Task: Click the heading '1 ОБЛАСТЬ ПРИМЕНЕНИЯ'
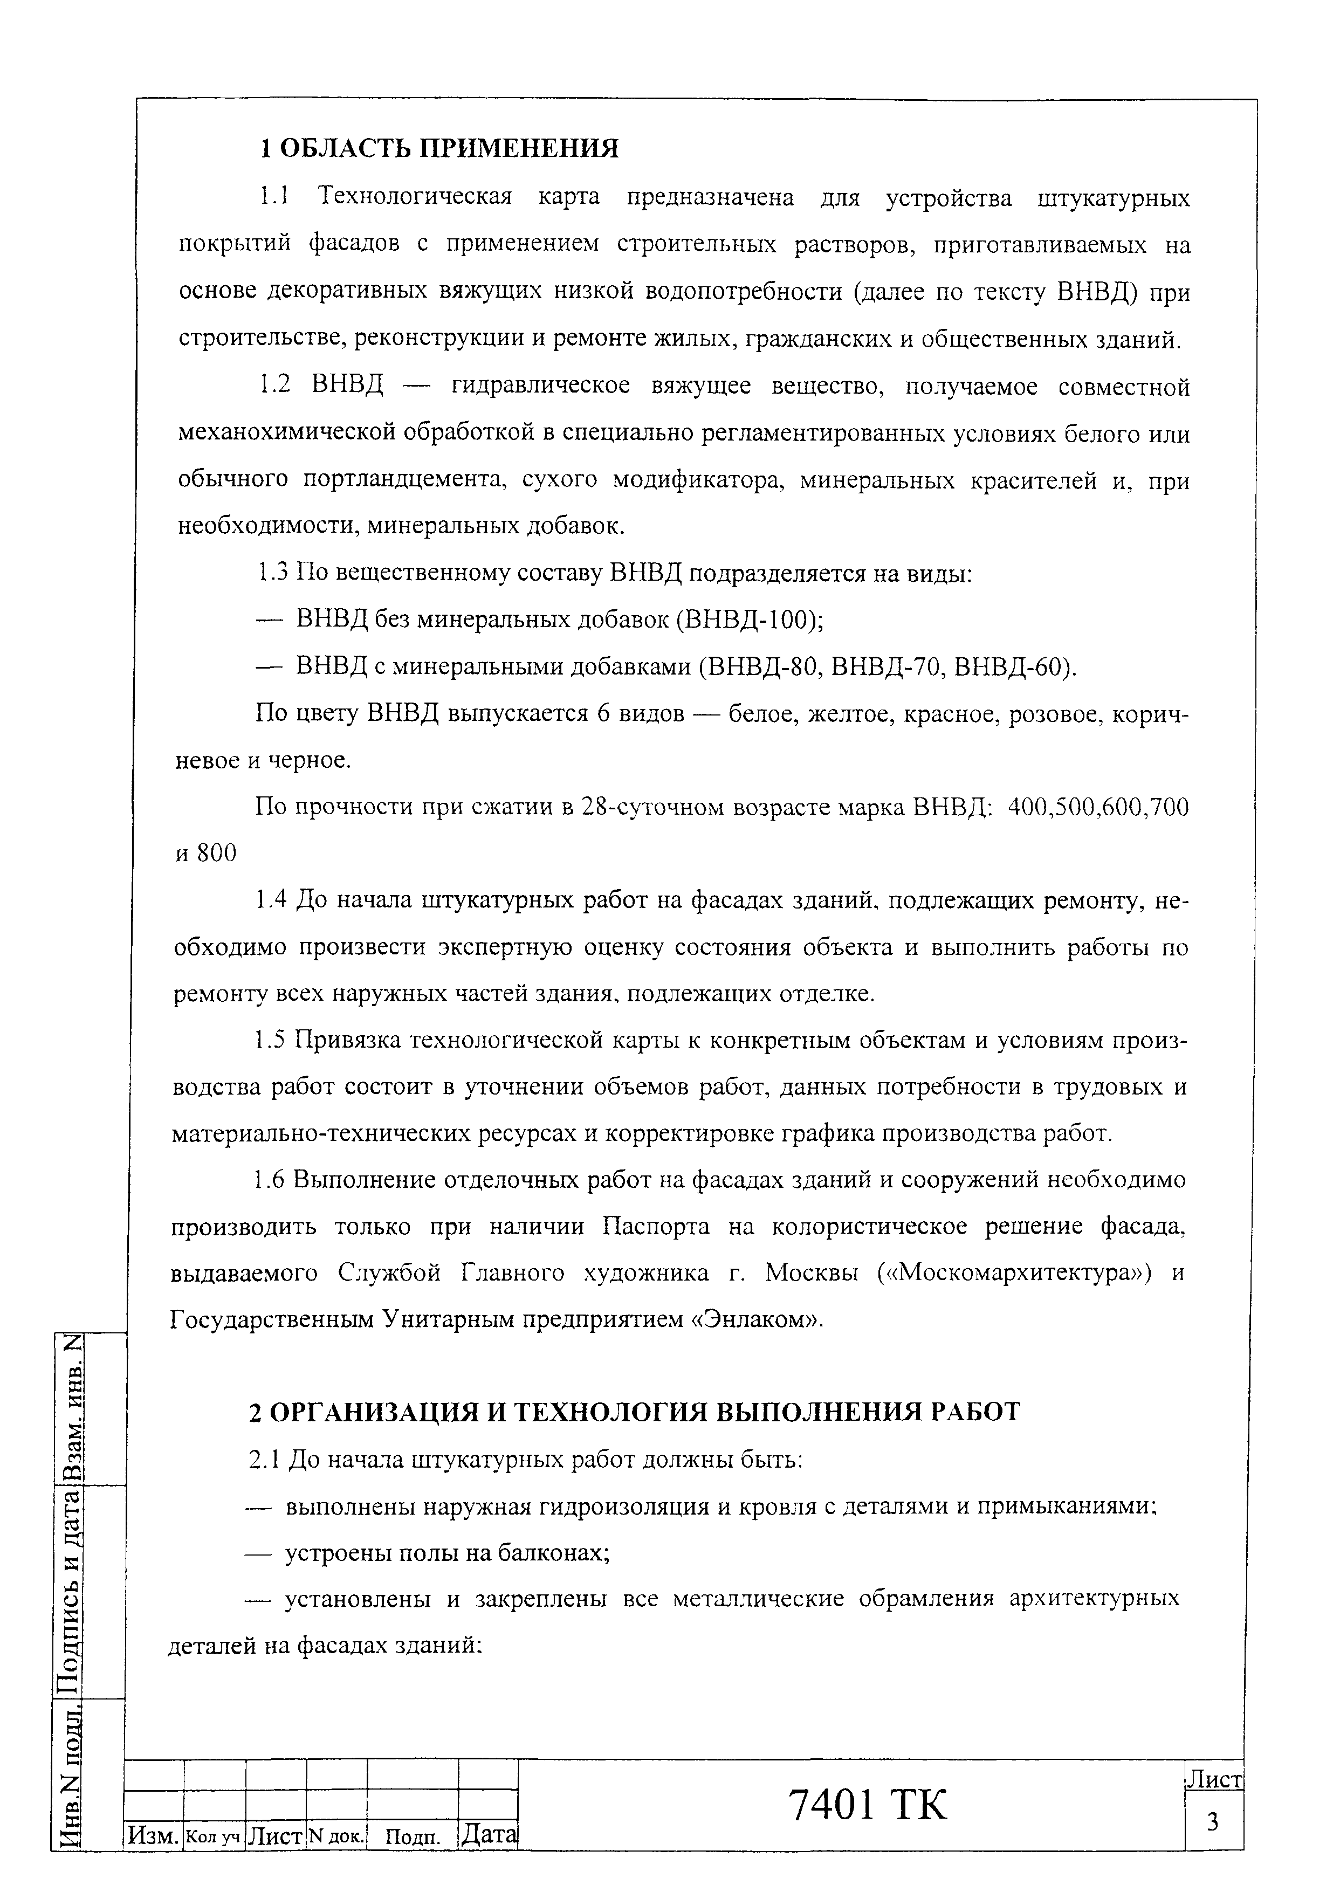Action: [x=438, y=148]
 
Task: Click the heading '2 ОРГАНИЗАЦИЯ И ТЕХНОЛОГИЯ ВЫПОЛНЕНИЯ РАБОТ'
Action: [x=634, y=1411]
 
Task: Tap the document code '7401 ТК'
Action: [x=868, y=1805]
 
